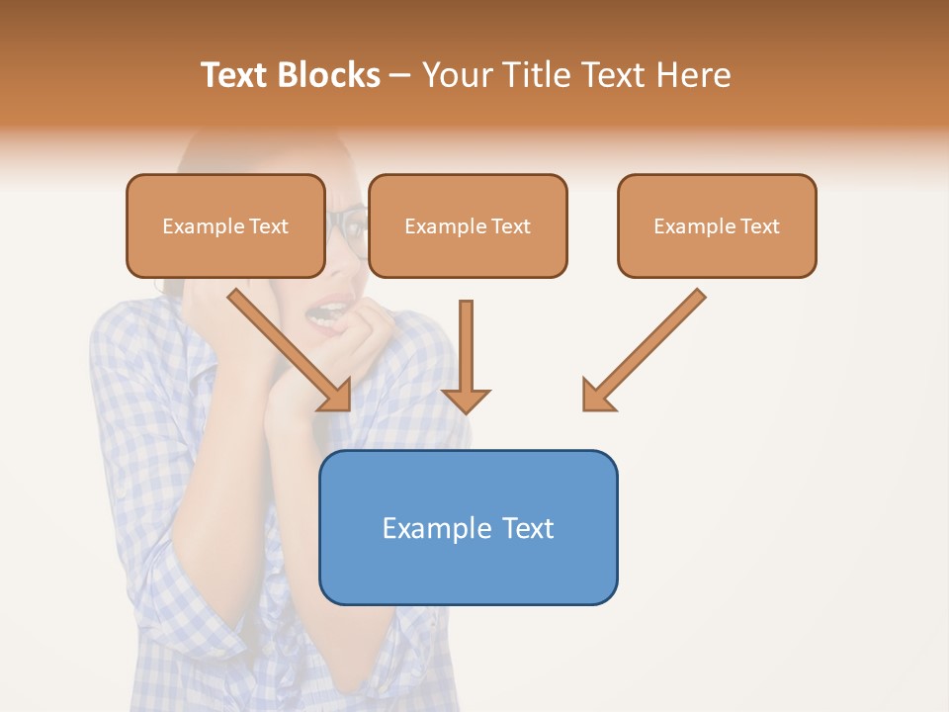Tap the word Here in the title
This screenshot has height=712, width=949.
[691, 75]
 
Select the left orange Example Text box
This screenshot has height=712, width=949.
[225, 226]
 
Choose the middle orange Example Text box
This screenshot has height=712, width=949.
[468, 226]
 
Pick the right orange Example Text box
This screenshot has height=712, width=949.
[717, 226]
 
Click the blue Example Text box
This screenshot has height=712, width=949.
[468, 528]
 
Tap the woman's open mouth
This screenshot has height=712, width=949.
[323, 314]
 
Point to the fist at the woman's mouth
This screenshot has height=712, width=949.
[366, 326]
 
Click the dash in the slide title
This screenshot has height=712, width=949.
[400, 76]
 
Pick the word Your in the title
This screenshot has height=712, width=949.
[456, 75]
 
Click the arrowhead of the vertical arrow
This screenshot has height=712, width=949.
[466, 400]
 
